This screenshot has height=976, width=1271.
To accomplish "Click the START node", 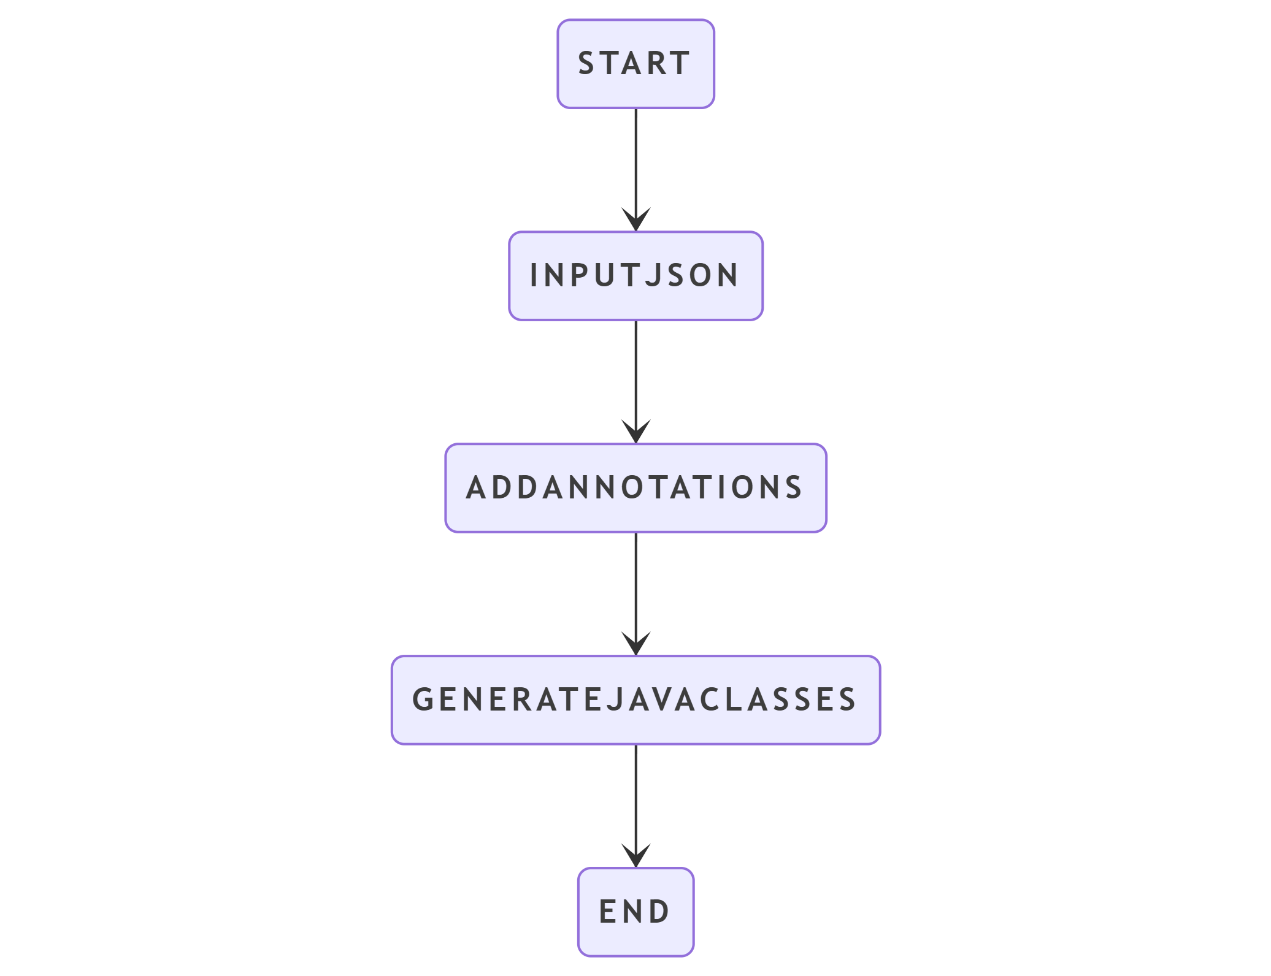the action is click(635, 64).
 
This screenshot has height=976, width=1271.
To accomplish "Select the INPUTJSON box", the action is click(635, 276).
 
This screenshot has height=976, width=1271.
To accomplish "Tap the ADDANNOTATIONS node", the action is click(635, 488).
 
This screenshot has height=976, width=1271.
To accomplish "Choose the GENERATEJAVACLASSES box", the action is click(635, 700).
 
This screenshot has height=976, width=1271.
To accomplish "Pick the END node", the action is click(635, 912).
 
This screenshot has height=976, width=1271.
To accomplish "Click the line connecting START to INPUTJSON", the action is click(635, 170).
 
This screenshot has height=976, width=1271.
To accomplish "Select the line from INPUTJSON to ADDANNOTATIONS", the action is click(635, 382).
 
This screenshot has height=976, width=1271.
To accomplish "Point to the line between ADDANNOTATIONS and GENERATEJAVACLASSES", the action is click(635, 594).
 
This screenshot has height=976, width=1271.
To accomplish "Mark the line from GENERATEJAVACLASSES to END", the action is click(635, 806).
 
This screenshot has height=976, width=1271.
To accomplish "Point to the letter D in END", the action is click(659, 912).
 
